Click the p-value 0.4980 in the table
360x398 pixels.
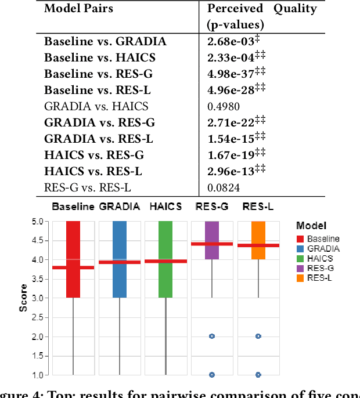pos(224,106)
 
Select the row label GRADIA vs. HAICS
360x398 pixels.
pos(96,106)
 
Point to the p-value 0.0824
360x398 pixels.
pos(224,187)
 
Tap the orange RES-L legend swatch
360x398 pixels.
pos(300,277)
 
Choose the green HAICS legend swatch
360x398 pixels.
pos(300,258)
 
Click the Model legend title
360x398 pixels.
pos(311,226)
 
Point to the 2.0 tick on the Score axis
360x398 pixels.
pos(37,337)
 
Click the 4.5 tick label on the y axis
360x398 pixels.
pos(37,240)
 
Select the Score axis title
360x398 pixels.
pos(24,298)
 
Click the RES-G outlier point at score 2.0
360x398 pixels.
pos(212,336)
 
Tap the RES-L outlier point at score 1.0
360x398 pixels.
pos(258,374)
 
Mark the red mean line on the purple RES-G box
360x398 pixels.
pos(212,244)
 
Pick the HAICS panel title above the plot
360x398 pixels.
pos(165,207)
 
